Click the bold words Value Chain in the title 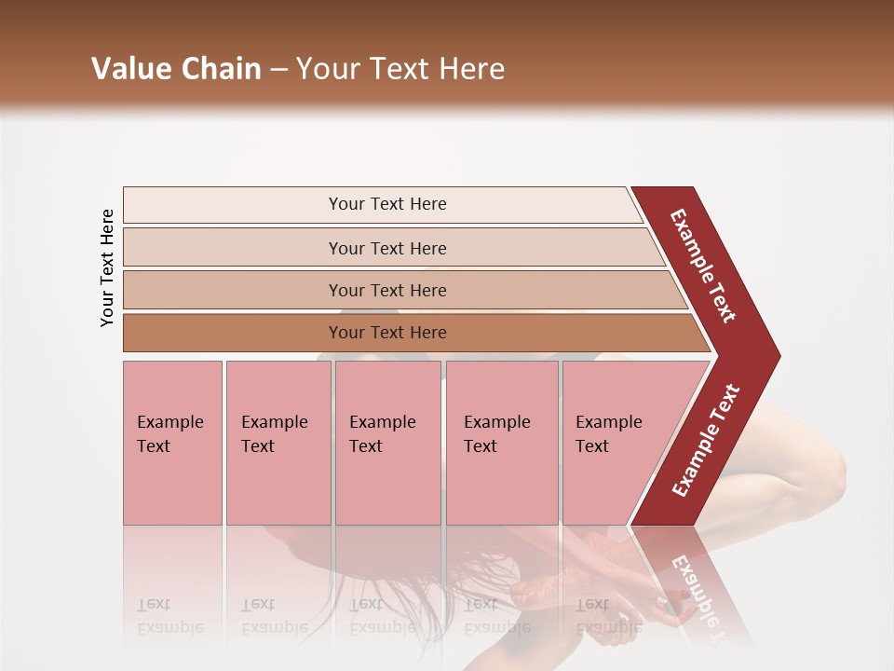click(176, 69)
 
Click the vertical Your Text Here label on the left click(107, 267)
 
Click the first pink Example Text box click(172, 443)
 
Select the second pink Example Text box click(278, 443)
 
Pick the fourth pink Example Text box click(501, 443)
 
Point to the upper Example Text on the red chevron click(703, 266)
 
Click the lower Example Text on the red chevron click(706, 440)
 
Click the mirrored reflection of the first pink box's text click(169, 616)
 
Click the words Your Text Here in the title click(400, 69)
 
